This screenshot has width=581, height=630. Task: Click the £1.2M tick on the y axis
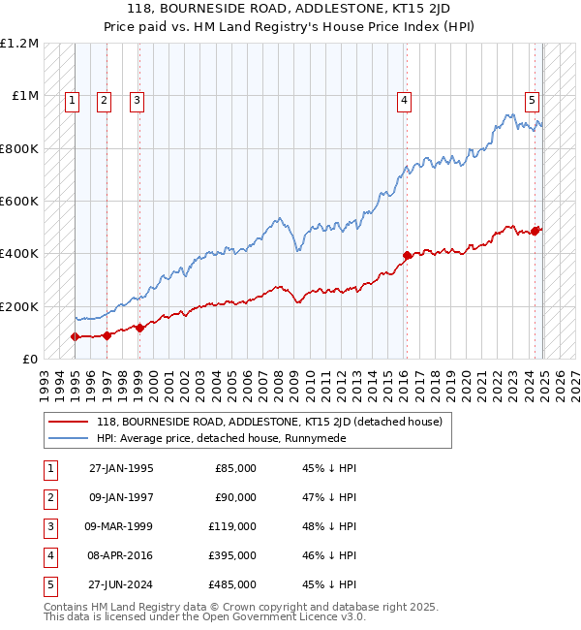[x=18, y=44]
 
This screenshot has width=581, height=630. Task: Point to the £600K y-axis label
[x=18, y=202]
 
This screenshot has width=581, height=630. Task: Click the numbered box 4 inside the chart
[x=404, y=98]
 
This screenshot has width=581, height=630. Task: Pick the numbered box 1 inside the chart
[x=74, y=98]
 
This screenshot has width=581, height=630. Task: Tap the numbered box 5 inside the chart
[x=533, y=98]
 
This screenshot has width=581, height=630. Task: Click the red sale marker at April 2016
[x=408, y=256]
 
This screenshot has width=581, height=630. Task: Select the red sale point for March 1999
[x=139, y=328]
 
